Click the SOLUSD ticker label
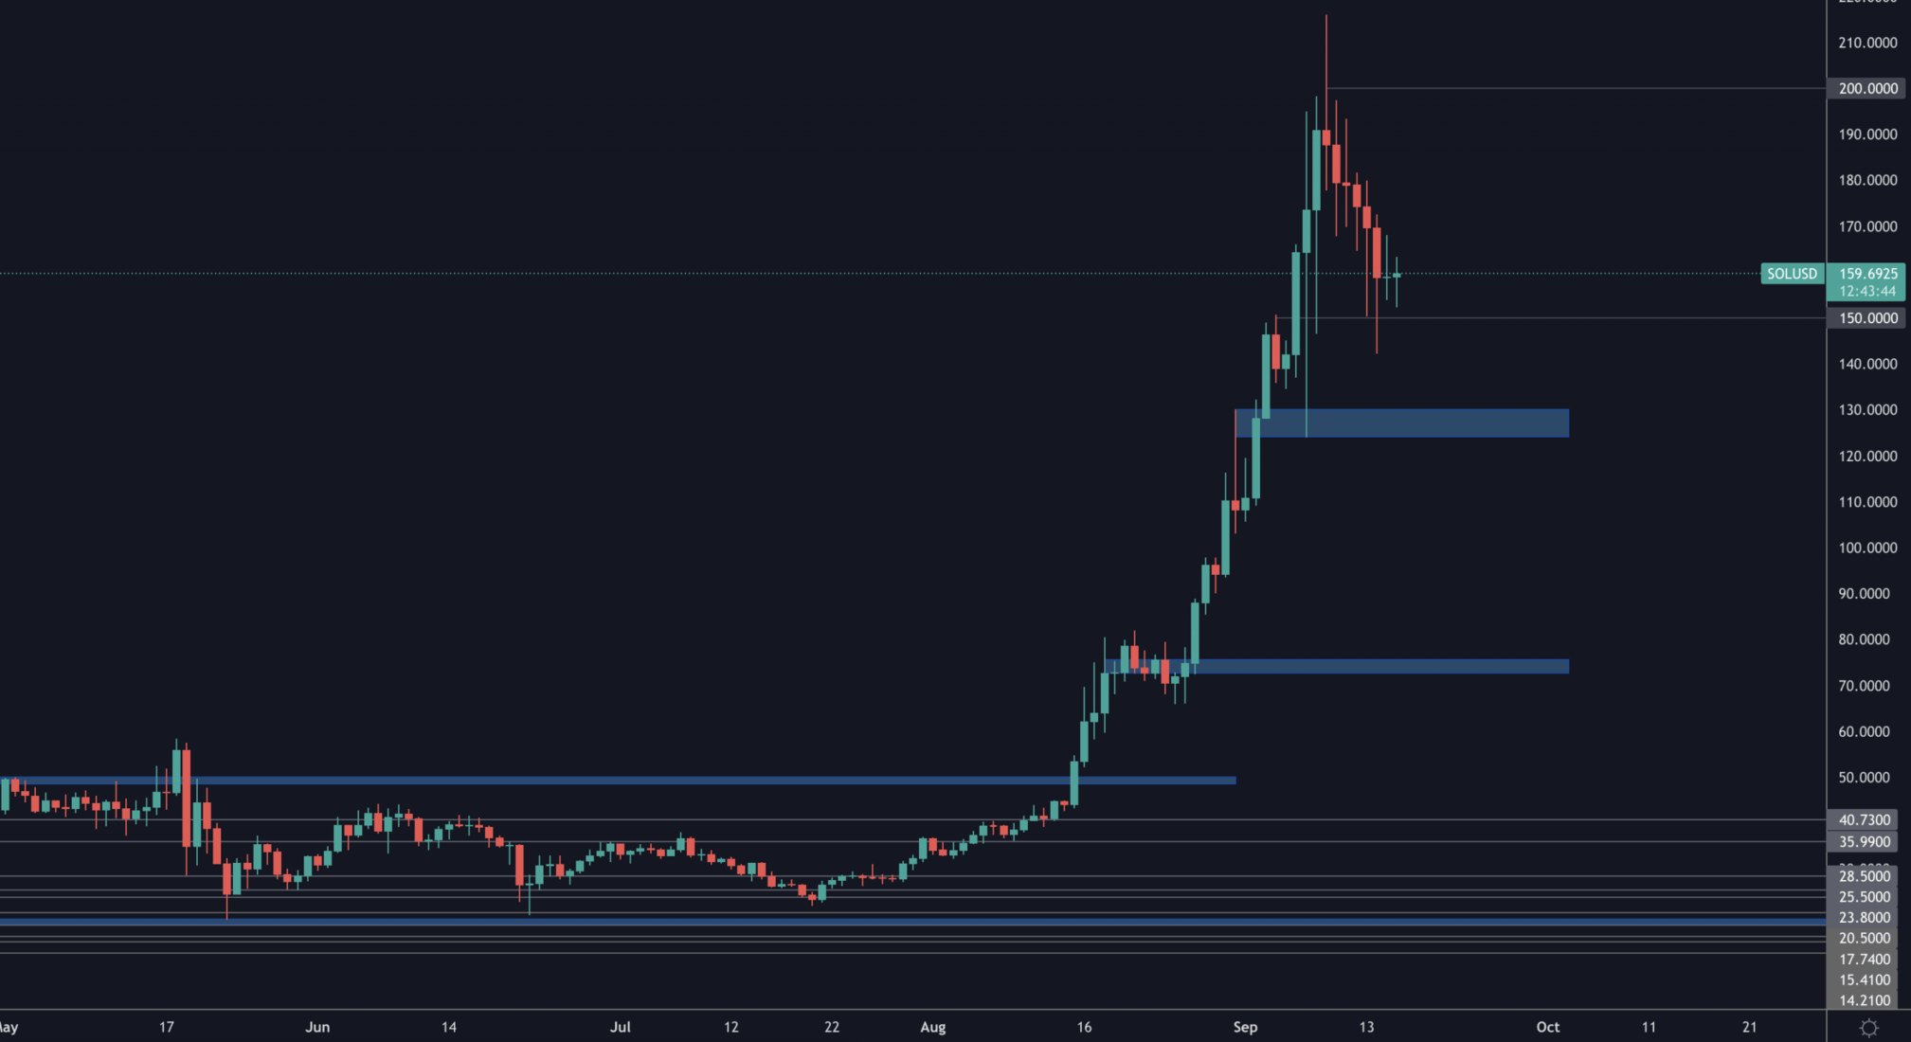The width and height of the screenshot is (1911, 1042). pos(1792,274)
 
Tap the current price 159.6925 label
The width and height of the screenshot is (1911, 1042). pos(1867,274)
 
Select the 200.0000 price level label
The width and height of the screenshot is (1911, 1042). pos(1867,88)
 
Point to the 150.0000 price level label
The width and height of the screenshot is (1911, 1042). pos(1867,318)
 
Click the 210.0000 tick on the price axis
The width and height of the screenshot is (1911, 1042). pos(1867,43)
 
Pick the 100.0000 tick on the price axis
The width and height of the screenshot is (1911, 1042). pos(1867,548)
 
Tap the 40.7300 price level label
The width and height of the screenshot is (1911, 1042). pos(1864,819)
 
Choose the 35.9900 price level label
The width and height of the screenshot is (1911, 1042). pos(1864,841)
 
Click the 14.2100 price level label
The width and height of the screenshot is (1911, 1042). pos(1864,1000)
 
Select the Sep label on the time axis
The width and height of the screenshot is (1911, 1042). pos(1245,1027)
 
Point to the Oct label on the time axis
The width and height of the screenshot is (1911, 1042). pos(1547,1027)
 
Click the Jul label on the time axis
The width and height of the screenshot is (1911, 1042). pos(621,1027)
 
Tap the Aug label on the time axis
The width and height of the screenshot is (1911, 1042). pos(933,1027)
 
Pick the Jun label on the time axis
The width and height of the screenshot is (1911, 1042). pos(317,1027)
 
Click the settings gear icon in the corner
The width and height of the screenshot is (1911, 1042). pos(1868,1028)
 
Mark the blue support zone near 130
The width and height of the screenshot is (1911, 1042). pos(1402,422)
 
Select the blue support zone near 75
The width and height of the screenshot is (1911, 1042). pos(1336,666)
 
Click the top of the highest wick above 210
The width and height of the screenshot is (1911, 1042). pos(1326,16)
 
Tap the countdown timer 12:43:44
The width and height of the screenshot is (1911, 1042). pos(1867,291)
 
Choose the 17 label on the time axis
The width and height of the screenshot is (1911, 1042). pos(167,1027)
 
